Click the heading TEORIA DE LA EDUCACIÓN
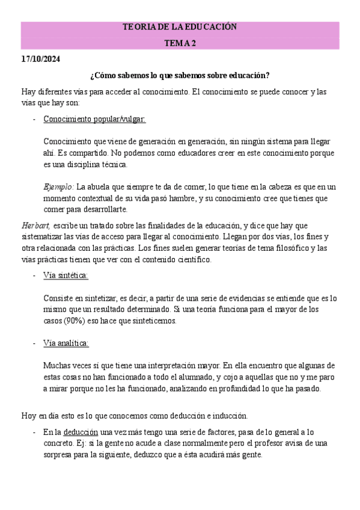(180, 27)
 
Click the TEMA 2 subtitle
(180, 43)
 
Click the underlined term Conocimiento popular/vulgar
(94, 119)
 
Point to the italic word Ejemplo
(58, 186)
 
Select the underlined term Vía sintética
(66, 275)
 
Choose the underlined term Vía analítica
(66, 343)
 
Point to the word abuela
(101, 186)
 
